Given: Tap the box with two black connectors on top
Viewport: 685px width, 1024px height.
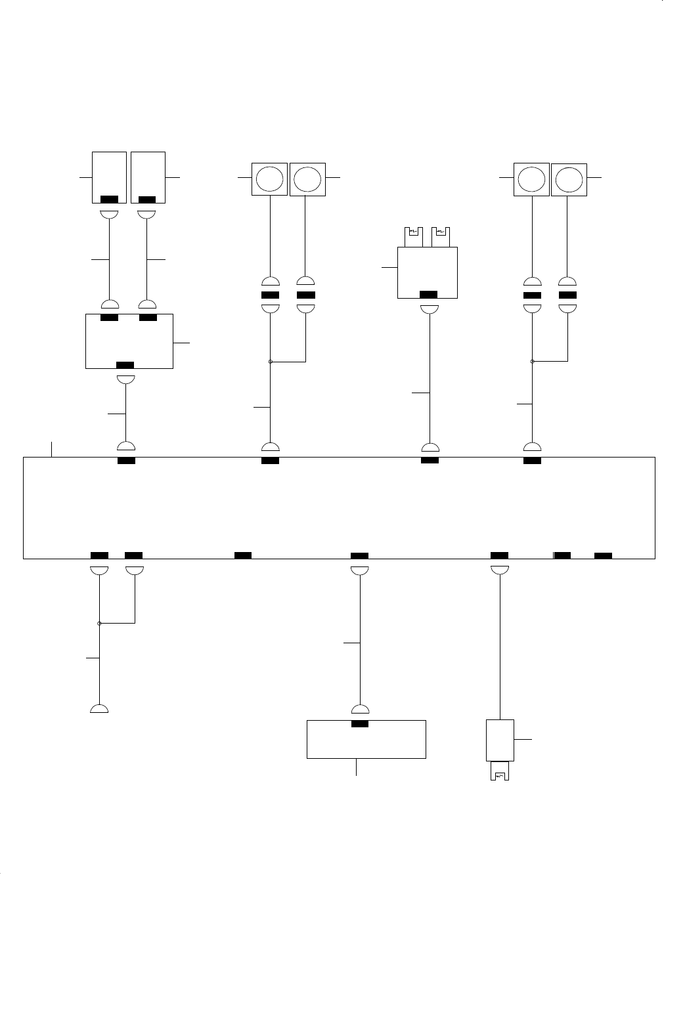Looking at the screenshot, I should pyautogui.click(x=129, y=341).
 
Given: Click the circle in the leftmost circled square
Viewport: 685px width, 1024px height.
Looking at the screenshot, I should pyautogui.click(x=270, y=179).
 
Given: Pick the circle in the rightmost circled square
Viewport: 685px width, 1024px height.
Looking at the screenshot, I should pyautogui.click(x=568, y=179).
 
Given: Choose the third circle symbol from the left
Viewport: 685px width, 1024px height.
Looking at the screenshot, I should pyautogui.click(x=531, y=179).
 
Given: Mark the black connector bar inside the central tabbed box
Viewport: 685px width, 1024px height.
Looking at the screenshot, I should pyautogui.click(x=428, y=294).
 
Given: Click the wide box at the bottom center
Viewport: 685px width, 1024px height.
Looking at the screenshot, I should pyautogui.click(x=366, y=740).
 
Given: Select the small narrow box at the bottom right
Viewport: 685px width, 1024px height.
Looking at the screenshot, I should pyautogui.click(x=500, y=740).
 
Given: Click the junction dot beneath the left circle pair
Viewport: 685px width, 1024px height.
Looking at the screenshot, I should pyautogui.click(x=270, y=361).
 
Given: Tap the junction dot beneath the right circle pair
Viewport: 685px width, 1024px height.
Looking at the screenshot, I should pyautogui.click(x=532, y=361).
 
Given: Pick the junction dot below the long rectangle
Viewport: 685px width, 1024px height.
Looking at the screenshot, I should pyautogui.click(x=99, y=623).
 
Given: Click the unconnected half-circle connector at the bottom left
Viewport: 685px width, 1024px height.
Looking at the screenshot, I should pyautogui.click(x=99, y=709).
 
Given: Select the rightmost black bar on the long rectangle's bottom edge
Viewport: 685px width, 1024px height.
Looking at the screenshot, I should pyautogui.click(x=603, y=556).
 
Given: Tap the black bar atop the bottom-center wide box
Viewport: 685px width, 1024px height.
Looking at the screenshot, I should pyautogui.click(x=360, y=724).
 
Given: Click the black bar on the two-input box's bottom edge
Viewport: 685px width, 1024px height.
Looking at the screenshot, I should pyautogui.click(x=125, y=365).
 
